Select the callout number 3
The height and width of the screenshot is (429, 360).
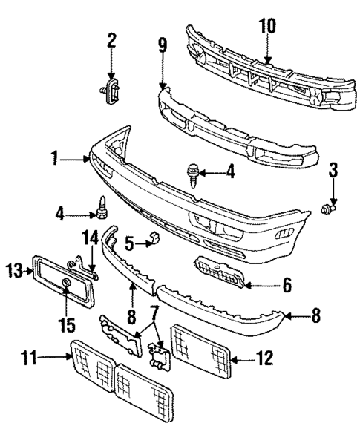333,173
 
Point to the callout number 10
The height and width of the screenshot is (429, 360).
266,26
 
